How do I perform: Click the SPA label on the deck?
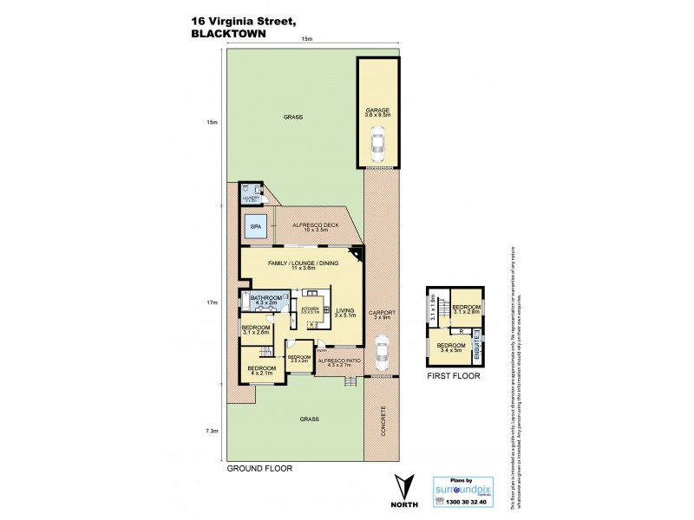click(x=256, y=226)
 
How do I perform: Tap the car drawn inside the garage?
click(x=377, y=144)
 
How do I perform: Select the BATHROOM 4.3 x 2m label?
click(x=268, y=299)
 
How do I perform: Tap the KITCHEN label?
click(x=310, y=309)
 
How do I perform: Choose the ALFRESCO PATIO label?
click(x=334, y=363)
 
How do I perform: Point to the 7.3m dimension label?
click(x=213, y=430)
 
